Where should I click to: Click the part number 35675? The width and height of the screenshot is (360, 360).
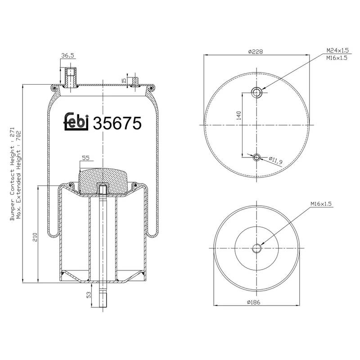coord(117,123)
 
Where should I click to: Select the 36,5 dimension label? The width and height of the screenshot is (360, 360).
coord(67,56)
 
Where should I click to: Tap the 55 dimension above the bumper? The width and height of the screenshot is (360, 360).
coord(85,158)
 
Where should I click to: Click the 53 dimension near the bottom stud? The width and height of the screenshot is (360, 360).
coord(89,295)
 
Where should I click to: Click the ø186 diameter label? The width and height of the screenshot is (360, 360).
coord(255,302)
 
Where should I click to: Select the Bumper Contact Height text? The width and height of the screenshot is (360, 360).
coord(12,174)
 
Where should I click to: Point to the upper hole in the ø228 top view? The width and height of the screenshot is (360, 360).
coord(256,92)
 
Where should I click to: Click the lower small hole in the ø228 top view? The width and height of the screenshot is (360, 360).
coord(256,157)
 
